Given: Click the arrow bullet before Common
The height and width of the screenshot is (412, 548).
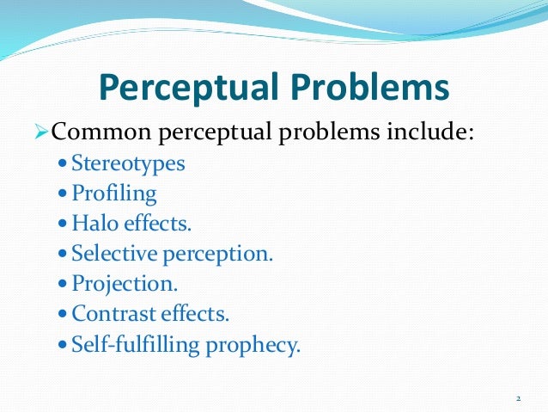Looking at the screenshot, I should point(42,133).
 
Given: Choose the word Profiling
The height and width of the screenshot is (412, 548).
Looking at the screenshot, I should point(114,194).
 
